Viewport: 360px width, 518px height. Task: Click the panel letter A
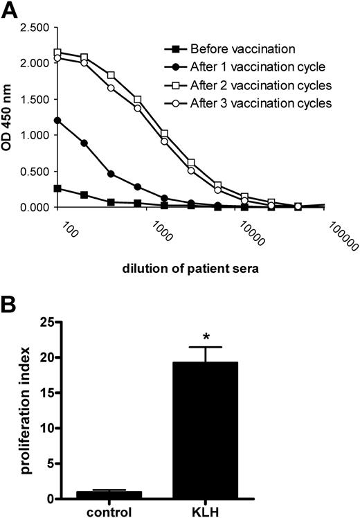coord(10,10)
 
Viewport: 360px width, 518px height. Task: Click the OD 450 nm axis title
coord(10,118)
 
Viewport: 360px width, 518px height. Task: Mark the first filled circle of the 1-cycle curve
coord(57,120)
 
